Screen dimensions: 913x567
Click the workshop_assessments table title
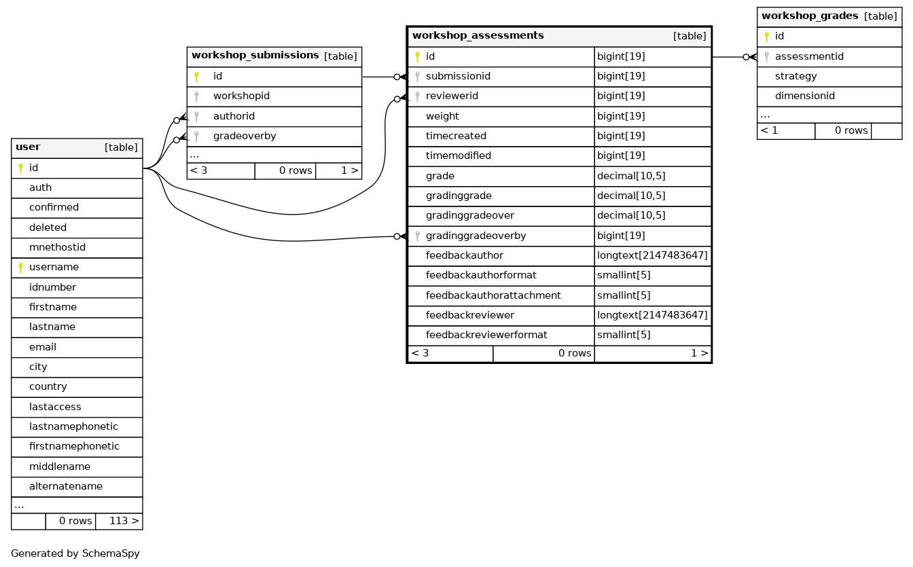point(478,36)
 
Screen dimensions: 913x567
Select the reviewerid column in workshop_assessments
point(452,96)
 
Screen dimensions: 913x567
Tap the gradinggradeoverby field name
point(476,236)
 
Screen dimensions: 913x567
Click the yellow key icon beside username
point(21,268)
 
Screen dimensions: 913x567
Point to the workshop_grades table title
point(810,16)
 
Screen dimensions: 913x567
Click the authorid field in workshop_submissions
point(234,117)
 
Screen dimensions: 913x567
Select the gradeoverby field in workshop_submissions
point(245,136)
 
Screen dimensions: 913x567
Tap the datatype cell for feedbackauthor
point(652,256)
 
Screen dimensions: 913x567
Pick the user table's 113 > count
point(124,521)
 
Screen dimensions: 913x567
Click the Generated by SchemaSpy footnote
point(75,553)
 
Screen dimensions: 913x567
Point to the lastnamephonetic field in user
point(73,427)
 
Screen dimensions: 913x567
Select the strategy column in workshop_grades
point(795,77)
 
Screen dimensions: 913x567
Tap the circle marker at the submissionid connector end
point(397,77)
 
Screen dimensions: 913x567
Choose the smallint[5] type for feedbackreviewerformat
point(624,335)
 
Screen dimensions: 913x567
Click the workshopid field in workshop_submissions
point(241,96)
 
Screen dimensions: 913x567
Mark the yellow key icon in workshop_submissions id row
point(196,77)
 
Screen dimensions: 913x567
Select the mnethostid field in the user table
point(57,247)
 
